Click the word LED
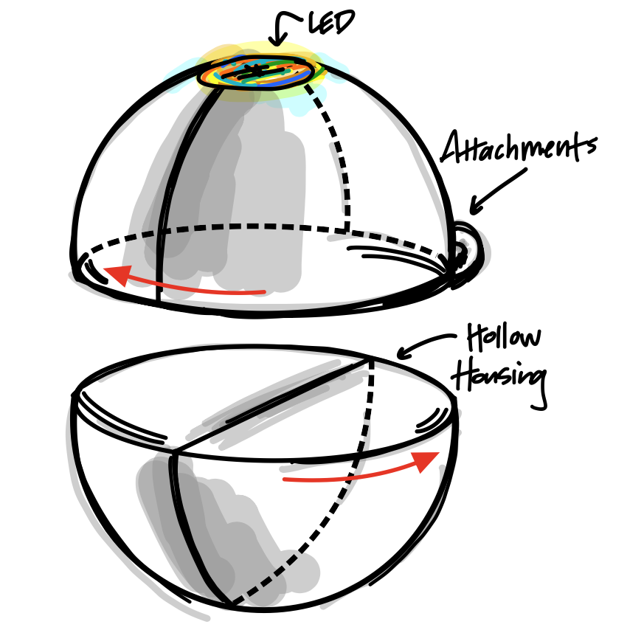331,23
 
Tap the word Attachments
519,147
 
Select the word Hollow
504,338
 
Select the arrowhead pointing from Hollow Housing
404,353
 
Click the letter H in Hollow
477,338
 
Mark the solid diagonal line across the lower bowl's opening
271,404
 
